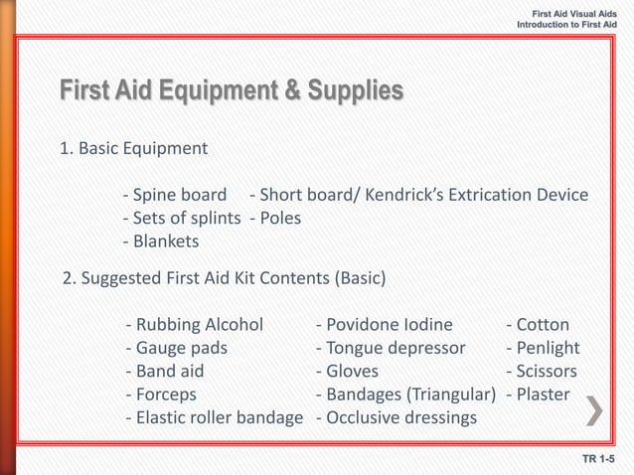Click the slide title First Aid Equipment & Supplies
(x=231, y=92)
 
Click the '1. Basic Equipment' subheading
(x=133, y=149)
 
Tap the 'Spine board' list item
(x=175, y=194)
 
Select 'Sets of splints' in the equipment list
(x=181, y=218)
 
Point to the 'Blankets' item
(x=160, y=241)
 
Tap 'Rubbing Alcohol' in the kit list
(x=196, y=324)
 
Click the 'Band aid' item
(x=166, y=372)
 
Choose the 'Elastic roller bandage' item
(x=215, y=418)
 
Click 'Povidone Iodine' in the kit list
(x=384, y=324)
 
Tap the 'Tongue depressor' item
(x=390, y=348)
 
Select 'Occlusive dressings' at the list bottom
(x=396, y=418)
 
